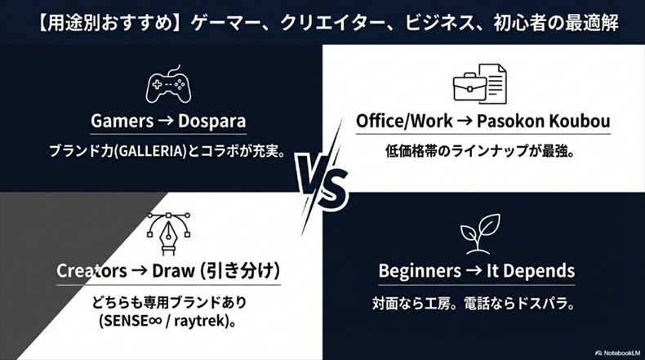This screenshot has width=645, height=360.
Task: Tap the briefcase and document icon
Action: (x=480, y=84)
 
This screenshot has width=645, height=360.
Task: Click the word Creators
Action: (x=91, y=271)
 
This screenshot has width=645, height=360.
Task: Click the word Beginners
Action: (x=420, y=271)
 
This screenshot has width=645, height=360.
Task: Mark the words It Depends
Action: (x=533, y=271)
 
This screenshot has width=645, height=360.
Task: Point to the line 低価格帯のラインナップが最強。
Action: (x=478, y=151)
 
